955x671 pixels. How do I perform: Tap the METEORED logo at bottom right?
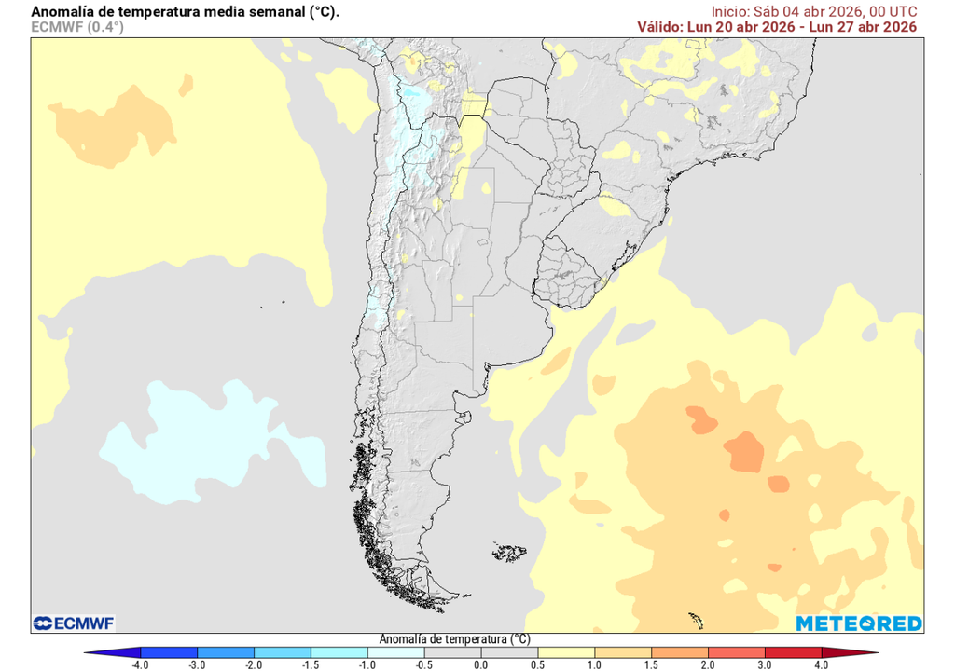point(859,623)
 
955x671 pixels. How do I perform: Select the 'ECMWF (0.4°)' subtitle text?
point(77,27)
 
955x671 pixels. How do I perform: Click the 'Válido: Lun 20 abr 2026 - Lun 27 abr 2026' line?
point(777,27)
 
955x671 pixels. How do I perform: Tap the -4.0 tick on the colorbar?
point(141,664)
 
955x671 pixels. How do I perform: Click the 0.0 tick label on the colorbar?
point(480,664)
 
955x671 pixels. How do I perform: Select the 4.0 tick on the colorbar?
point(821,664)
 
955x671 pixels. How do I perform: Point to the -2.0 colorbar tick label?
point(254,664)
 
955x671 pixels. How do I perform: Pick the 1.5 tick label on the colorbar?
point(651,664)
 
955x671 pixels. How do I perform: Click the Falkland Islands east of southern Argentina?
point(509,552)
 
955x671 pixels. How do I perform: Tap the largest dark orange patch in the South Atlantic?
point(746,452)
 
